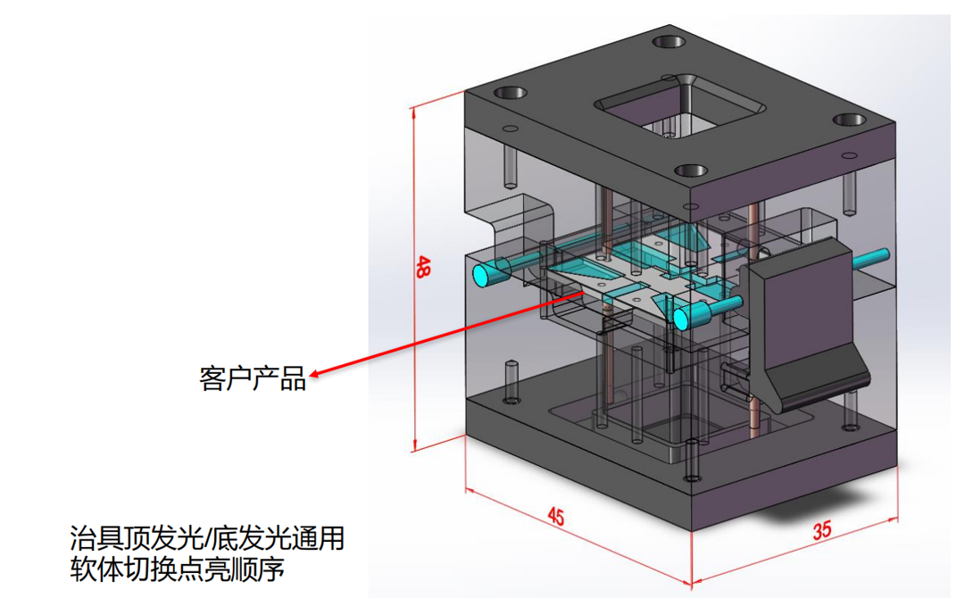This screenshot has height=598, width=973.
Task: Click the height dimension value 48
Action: click(424, 267)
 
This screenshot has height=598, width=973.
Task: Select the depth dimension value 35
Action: click(822, 529)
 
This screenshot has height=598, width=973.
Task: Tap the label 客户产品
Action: click(252, 378)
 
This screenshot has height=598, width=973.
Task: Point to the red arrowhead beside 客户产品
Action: click(315, 374)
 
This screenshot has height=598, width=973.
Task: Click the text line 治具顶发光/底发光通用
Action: click(206, 539)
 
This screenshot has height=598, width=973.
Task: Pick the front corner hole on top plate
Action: click(690, 170)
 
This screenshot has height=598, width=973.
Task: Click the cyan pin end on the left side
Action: click(485, 274)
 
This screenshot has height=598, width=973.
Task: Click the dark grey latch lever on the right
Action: click(798, 311)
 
